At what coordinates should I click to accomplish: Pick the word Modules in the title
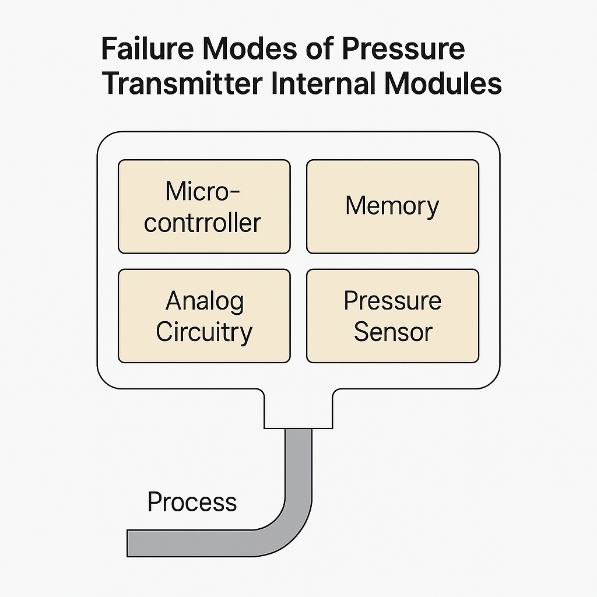coord(443,83)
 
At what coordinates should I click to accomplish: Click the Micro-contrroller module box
coord(204,207)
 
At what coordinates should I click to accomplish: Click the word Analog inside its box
coord(204,301)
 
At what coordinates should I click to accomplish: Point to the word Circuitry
coord(204,332)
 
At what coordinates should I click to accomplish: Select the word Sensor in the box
coord(392,332)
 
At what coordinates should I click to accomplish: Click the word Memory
coord(392,206)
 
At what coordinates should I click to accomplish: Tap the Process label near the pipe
coord(192,502)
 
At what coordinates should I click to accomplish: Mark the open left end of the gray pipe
coord(131,542)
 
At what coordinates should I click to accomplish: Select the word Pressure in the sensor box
coord(392,301)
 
